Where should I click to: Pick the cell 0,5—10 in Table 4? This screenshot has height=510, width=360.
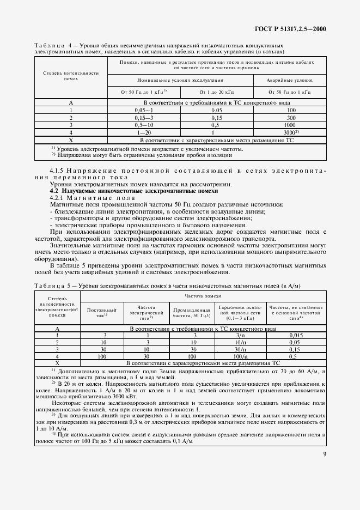click(x=144, y=124)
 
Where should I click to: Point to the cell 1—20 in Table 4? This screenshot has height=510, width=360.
click(x=144, y=132)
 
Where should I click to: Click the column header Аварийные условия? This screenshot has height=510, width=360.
click(x=289, y=80)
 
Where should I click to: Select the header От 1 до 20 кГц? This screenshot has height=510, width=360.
click(x=216, y=92)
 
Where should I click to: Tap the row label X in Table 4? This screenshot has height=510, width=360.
click(x=71, y=139)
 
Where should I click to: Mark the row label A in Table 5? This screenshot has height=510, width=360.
click(x=57, y=329)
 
